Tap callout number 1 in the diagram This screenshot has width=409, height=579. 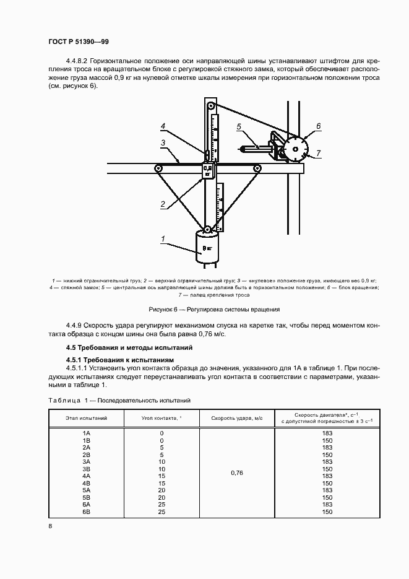163,238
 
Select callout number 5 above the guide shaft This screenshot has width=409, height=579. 238,127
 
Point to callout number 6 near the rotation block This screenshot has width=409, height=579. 318,126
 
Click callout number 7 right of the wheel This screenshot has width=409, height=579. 318,152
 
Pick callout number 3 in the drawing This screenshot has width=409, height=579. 163,143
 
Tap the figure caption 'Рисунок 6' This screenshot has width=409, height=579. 215,308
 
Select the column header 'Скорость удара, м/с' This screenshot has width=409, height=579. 236,419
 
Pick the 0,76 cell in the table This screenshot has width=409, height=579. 236,472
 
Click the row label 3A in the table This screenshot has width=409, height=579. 87,462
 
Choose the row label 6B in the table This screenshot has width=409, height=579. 87,512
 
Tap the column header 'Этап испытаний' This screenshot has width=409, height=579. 87,419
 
